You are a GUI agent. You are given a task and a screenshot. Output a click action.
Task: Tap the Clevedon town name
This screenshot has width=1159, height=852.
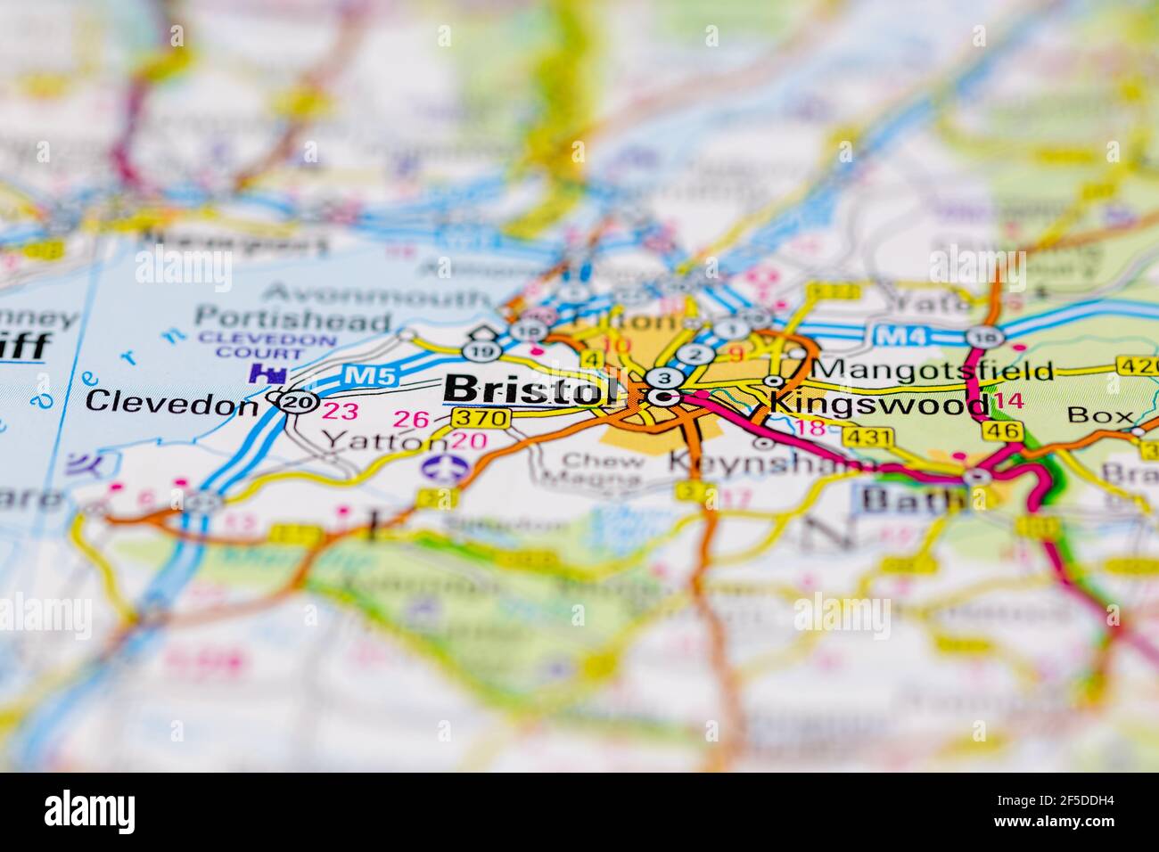(171, 403)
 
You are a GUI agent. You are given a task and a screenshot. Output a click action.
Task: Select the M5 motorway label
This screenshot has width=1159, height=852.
(368, 376)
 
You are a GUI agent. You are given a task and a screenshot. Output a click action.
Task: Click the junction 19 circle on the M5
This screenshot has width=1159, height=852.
(482, 351)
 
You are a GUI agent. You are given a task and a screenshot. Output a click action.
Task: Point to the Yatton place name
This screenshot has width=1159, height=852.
(383, 439)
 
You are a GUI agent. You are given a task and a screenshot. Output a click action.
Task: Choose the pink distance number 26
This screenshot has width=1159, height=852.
(411, 418)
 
